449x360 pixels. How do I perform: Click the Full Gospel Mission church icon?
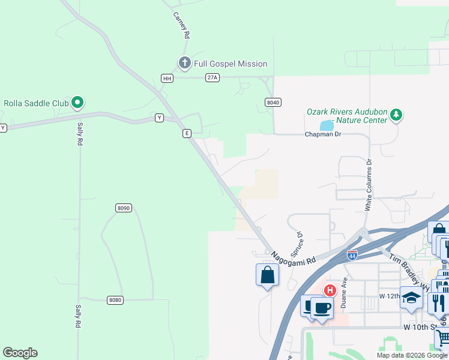pyautogui.click(x=184, y=63)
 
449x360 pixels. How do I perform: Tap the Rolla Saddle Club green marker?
pyautogui.click(x=77, y=103)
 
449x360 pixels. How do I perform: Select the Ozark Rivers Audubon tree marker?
pyautogui.click(x=396, y=115)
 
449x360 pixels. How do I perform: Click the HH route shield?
pyautogui.click(x=167, y=78)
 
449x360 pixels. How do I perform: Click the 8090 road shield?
pyautogui.click(x=123, y=208)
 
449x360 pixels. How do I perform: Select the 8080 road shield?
pyautogui.click(x=115, y=299)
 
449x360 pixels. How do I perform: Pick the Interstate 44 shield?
pyautogui.click(x=352, y=255)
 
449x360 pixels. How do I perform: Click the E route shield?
pyautogui.click(x=187, y=133)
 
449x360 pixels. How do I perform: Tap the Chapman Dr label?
pyautogui.click(x=323, y=134)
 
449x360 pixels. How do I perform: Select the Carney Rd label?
pyautogui.click(x=181, y=26)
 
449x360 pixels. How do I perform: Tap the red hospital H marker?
pyautogui.click(x=330, y=290)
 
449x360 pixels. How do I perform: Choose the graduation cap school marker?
pyautogui.click(x=411, y=297)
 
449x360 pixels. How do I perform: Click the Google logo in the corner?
pyautogui.click(x=20, y=353)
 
